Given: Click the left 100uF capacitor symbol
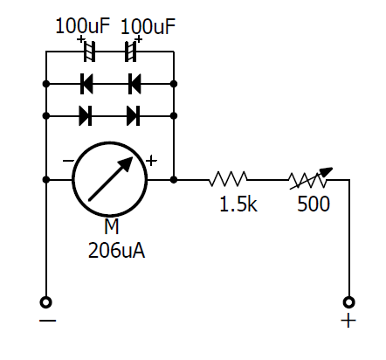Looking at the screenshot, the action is coord(89,52).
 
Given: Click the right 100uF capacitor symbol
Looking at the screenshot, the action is coord(131,52).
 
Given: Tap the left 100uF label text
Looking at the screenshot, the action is coord(82,26).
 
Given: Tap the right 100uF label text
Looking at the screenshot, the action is coord(148,26).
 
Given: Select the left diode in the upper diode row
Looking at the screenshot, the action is coord(86,84).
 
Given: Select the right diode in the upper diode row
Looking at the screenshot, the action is coord(134,84).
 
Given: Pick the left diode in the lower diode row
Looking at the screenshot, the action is coord(86,116).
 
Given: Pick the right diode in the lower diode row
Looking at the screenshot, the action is coord(134,116).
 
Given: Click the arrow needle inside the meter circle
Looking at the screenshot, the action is coord(111,179).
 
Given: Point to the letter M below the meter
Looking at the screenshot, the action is coord(112,226).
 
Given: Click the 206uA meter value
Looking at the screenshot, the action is coord(116,251).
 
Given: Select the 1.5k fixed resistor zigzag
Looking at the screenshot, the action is coord(228,179).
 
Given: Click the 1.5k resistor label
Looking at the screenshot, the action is coord(238,204).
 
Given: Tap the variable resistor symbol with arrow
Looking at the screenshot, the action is coord(310,178).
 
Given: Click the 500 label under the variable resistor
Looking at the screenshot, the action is coord(314,204).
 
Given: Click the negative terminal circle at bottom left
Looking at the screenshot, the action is coord(46,302).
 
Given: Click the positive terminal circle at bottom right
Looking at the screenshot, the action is coord(349,302).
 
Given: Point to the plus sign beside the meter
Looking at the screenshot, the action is coord(151,161).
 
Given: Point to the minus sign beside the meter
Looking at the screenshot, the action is coord(68,161).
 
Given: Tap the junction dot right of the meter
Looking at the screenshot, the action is coord(174,180).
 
